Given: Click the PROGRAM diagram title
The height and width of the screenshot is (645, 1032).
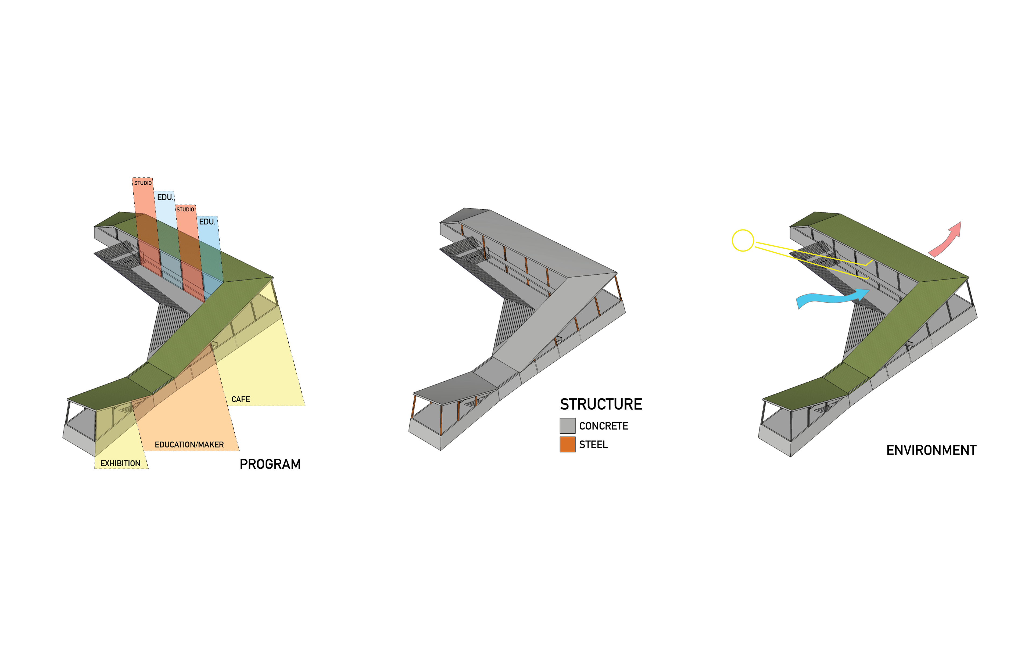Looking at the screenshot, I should pyautogui.click(x=270, y=464).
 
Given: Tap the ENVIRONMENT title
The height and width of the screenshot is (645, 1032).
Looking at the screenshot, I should pyautogui.click(x=931, y=450).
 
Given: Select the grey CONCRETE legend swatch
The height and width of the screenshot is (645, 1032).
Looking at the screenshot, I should pyautogui.click(x=567, y=426).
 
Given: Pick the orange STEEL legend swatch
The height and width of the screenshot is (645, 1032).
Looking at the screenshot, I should pyautogui.click(x=567, y=445).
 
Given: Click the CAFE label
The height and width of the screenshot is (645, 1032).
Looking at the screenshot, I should pyautogui.click(x=241, y=399).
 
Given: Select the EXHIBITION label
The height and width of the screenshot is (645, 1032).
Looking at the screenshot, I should pyautogui.click(x=120, y=464).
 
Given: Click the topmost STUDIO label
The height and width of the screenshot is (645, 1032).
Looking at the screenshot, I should pyautogui.click(x=143, y=183).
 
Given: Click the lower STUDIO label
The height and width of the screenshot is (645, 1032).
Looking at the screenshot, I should pyautogui.click(x=185, y=209).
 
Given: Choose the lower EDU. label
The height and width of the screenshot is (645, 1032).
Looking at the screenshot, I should pyautogui.click(x=207, y=222).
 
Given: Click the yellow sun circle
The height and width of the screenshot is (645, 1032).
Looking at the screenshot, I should pyautogui.click(x=743, y=240).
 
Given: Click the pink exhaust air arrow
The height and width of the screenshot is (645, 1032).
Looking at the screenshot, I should pyautogui.click(x=943, y=243).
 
